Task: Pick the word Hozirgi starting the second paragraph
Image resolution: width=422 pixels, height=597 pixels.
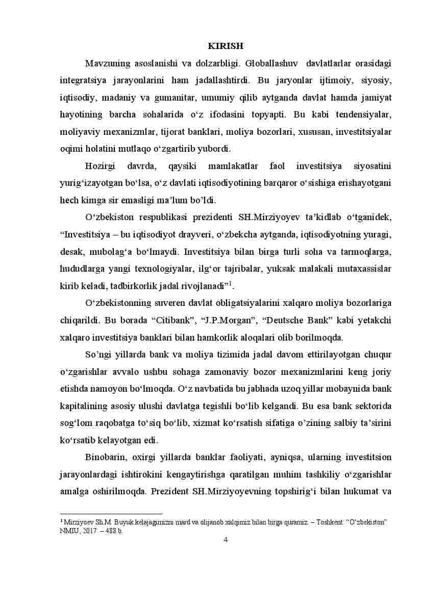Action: [x=101, y=166]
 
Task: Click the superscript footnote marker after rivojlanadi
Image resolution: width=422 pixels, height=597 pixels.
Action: [x=231, y=283]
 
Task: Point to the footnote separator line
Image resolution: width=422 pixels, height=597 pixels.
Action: [x=111, y=514]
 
